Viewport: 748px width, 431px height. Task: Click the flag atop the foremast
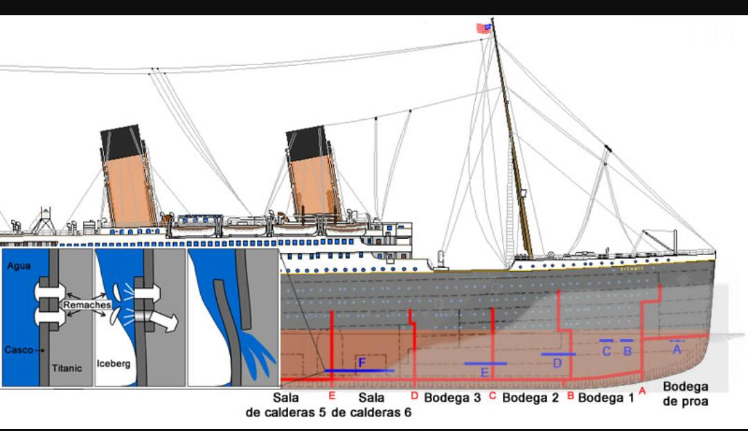point(483,28)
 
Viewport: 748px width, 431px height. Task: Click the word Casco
point(18,350)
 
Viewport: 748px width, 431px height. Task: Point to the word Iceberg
point(114,363)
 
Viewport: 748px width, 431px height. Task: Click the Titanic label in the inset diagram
point(67,368)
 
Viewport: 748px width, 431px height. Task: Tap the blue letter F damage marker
point(362,362)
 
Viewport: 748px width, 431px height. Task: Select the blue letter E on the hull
point(485,373)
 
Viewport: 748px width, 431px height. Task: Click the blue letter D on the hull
point(558,363)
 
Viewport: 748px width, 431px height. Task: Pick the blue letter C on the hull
point(606,351)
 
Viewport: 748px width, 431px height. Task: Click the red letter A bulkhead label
point(642,391)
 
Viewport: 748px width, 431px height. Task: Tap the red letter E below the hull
point(332,396)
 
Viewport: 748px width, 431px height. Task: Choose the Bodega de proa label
point(686,394)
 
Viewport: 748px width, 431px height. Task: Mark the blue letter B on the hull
point(627,351)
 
